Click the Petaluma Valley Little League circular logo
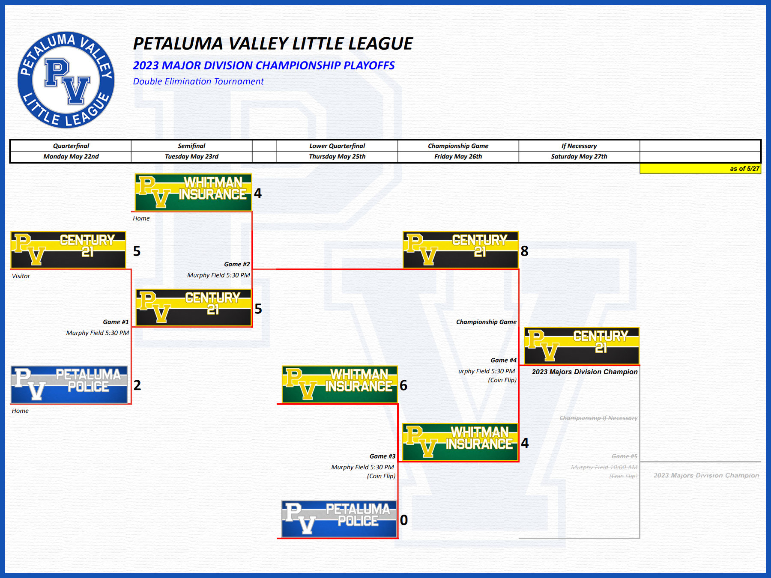click(x=66, y=80)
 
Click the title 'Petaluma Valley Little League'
click(x=273, y=44)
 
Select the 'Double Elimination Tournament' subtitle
click(x=198, y=81)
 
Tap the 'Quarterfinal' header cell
click(x=71, y=146)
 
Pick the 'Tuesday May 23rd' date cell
click(x=191, y=157)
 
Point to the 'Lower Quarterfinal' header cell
click(x=337, y=146)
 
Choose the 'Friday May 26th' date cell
click(x=458, y=157)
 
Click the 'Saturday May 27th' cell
click(x=579, y=157)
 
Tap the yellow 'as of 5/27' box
click(x=700, y=169)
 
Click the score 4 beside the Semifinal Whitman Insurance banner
click(x=258, y=194)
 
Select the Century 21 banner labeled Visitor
click(x=69, y=250)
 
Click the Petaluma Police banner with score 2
click(x=69, y=384)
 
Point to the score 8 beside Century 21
click(x=525, y=251)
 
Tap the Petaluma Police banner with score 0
click(x=339, y=519)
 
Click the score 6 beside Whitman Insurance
click(x=403, y=386)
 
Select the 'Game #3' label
click(x=383, y=456)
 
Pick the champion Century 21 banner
click(x=582, y=346)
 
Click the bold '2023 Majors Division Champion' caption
click(x=585, y=372)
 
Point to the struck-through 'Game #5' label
click(x=625, y=456)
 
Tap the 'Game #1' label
click(x=116, y=322)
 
